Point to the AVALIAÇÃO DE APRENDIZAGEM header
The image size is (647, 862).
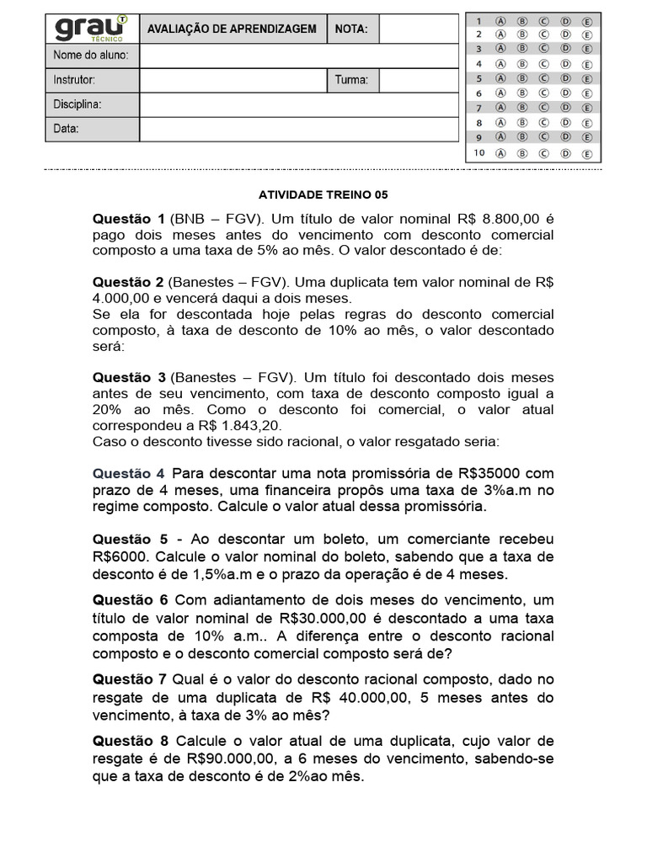232,29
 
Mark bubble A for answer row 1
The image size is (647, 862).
500,20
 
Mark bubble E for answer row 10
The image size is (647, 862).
587,154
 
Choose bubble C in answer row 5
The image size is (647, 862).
543,78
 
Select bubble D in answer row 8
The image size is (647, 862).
565,123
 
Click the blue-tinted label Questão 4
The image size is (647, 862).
129,473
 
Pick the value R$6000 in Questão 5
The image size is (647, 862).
120,556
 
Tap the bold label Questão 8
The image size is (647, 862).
131,741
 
